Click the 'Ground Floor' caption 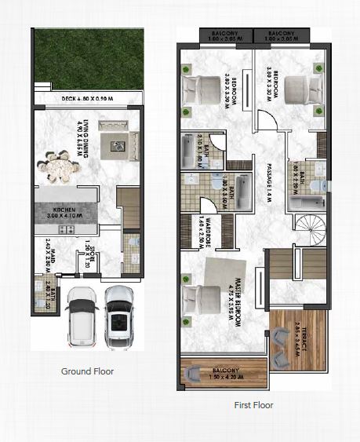tap(87, 371)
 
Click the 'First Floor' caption tap(253, 405)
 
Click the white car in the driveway tap(81, 315)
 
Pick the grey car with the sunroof tap(119, 313)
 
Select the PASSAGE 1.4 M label tap(267, 184)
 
